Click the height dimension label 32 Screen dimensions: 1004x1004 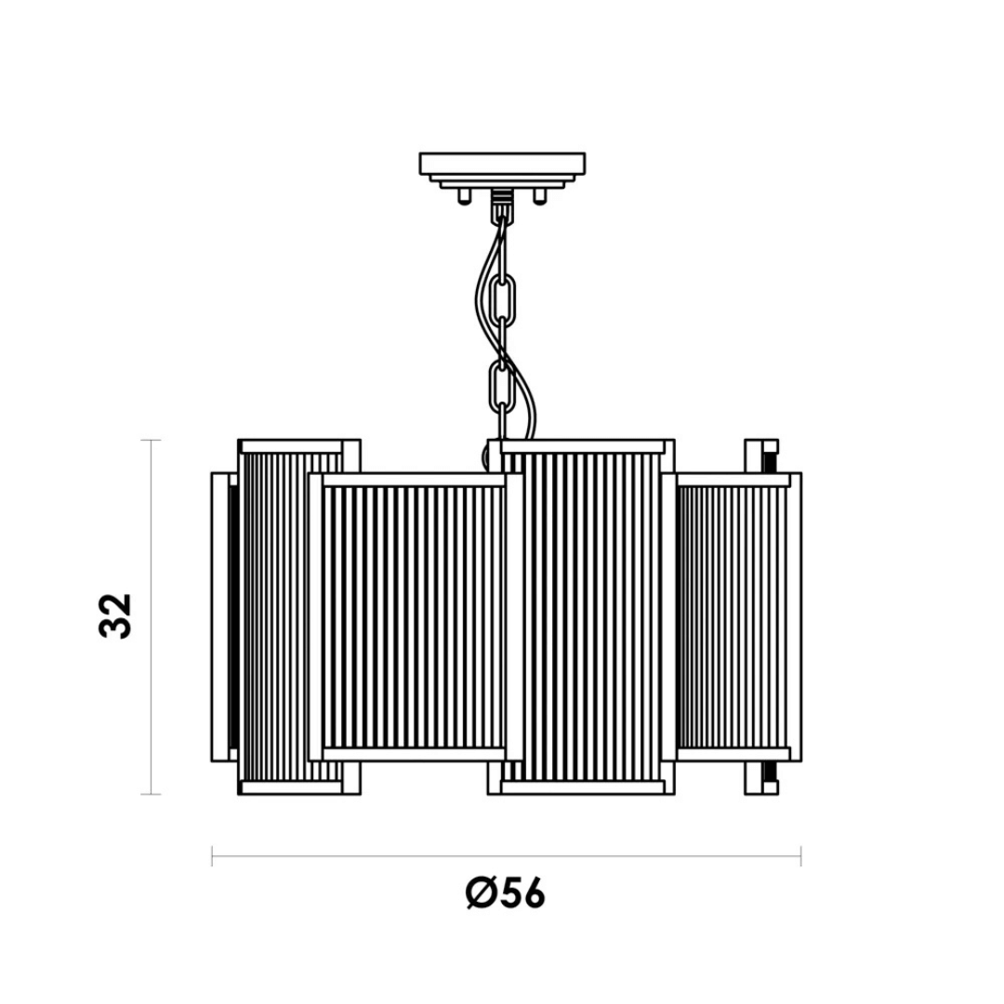tap(116, 615)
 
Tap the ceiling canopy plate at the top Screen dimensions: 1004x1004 tap(502, 164)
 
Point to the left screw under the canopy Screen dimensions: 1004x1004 tap(464, 195)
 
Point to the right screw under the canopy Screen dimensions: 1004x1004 tap(540, 195)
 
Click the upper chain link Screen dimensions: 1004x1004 tap(503, 301)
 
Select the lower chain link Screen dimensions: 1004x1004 tap(502, 388)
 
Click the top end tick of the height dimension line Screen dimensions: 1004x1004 tap(151, 441)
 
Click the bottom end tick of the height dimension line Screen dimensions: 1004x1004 tap(151, 795)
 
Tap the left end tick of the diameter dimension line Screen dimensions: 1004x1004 tap(212, 855)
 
